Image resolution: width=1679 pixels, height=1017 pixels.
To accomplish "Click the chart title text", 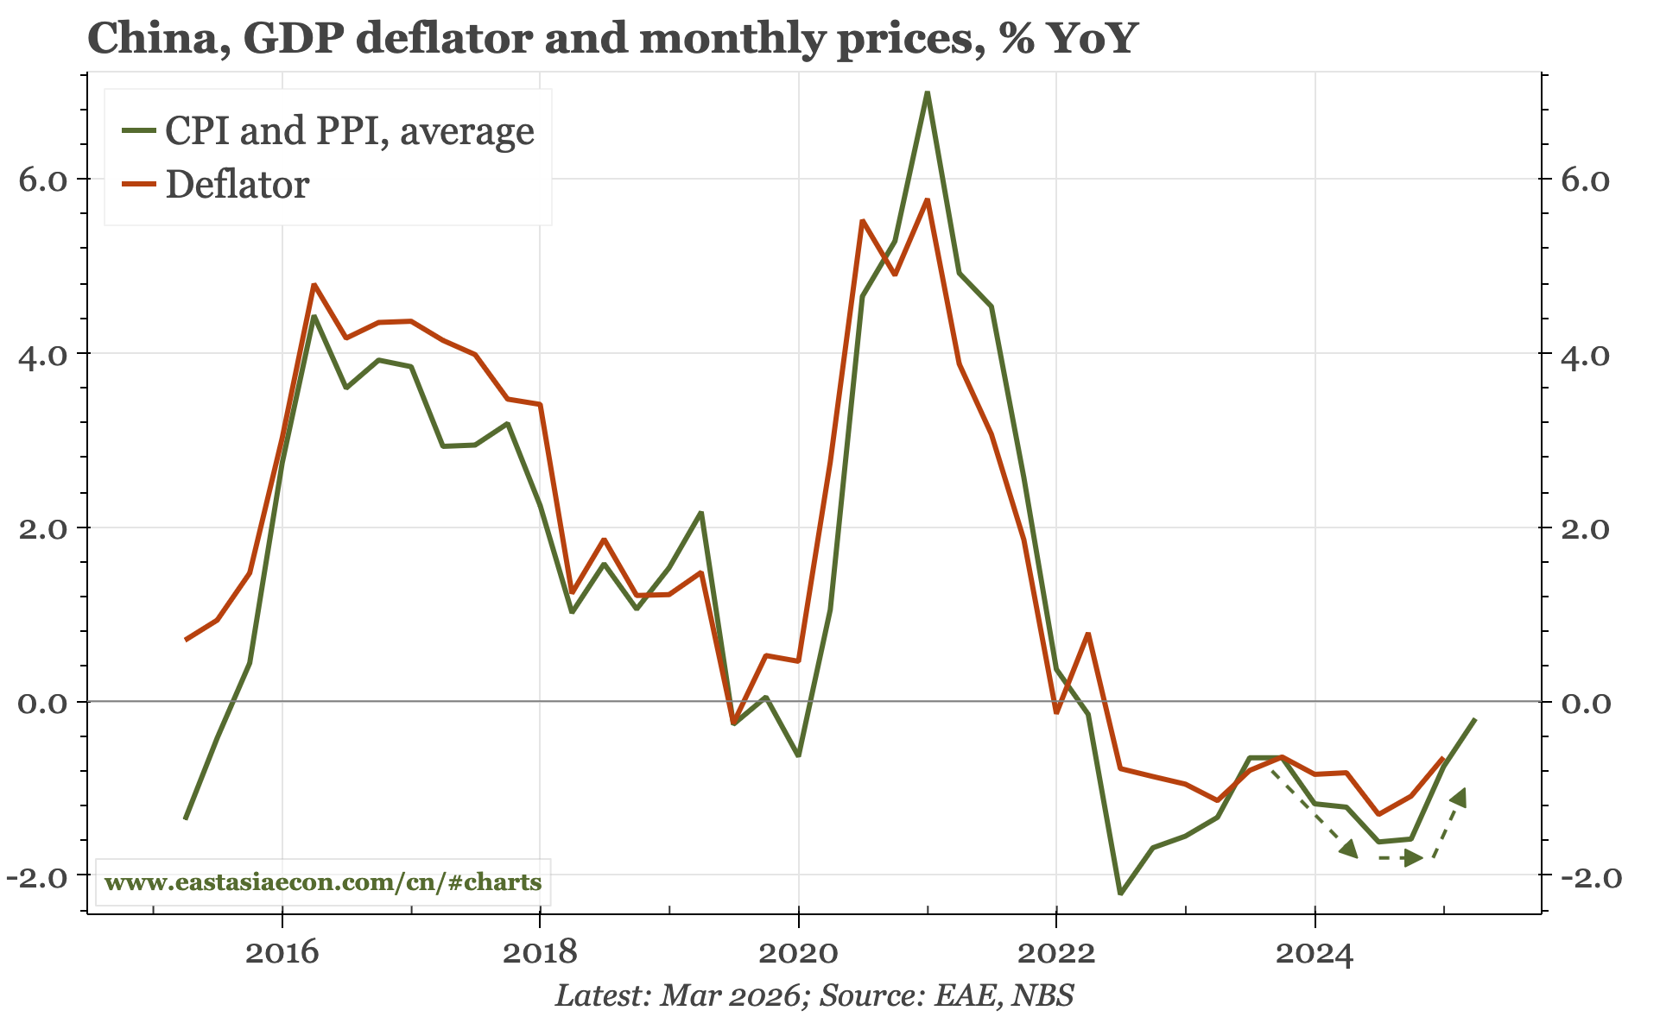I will coord(611,38).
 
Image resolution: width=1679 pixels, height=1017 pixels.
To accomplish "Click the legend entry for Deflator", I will coord(237,185).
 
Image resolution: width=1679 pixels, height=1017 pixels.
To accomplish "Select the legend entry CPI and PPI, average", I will coord(349,130).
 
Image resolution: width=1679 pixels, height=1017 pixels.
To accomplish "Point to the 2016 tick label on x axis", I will coord(282,954).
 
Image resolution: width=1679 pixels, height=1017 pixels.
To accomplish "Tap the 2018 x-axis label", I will coord(540,954).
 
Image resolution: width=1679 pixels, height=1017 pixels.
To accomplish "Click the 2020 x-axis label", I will coord(798,954).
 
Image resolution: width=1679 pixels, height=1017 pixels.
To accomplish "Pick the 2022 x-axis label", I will coord(1055,954).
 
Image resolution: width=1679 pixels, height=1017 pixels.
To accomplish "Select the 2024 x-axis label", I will coord(1314,954).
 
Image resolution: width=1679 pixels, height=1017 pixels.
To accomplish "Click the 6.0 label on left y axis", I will coord(42,180).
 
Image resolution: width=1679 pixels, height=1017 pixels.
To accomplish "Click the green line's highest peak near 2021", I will coord(927,92).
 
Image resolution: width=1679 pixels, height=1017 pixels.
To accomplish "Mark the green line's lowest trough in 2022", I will coord(1119,893).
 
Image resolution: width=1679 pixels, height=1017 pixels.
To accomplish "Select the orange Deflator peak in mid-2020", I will coord(862,221).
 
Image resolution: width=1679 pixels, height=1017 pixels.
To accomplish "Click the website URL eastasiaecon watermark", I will coord(322,882).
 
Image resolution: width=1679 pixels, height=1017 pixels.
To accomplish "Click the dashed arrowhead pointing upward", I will coord(1459,797).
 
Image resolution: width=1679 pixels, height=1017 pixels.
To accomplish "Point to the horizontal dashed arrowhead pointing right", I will coord(1412,858).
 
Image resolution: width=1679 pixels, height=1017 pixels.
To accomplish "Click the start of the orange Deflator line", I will coord(186,640).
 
